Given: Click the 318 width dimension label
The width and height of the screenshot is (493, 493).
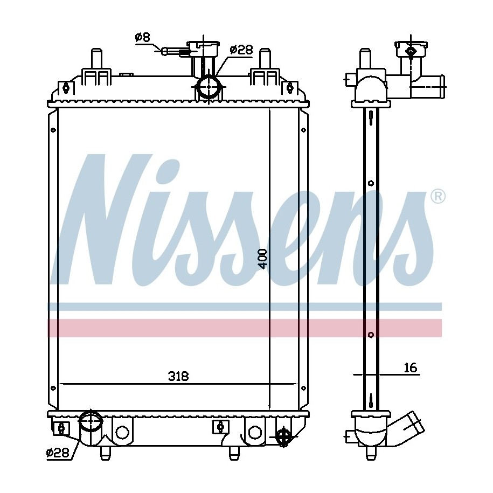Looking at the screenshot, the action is (x=178, y=376).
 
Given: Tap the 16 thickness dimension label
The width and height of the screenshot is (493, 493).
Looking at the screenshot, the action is (x=411, y=367).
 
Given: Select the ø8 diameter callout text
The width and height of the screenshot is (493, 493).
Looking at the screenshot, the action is (x=143, y=38).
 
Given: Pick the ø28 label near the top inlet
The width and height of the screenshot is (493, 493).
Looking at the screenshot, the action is (x=241, y=50).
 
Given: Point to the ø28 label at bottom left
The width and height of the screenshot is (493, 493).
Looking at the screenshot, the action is (x=58, y=453).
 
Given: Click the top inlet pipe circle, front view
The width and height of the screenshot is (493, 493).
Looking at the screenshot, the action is (x=209, y=87).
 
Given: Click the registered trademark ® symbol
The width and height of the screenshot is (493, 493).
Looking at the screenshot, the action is (x=438, y=197).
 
